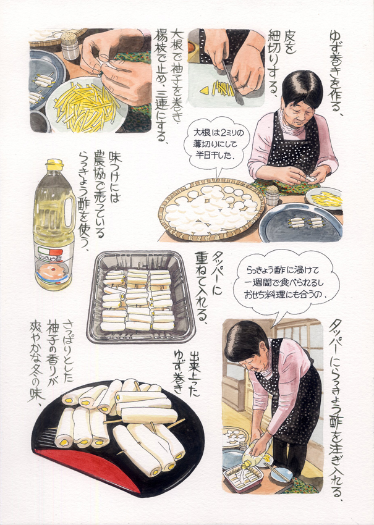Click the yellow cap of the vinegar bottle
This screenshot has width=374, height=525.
(54, 165)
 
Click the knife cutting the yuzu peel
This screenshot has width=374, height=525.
(232, 83)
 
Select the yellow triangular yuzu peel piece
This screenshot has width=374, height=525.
(203, 90)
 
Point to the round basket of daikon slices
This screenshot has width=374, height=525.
(212, 209)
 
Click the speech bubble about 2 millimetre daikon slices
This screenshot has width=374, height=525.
(217, 144)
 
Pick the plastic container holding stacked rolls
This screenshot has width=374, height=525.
(141, 297)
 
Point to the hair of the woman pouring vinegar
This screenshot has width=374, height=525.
(246, 340)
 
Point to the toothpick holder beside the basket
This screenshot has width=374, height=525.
(272, 195)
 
